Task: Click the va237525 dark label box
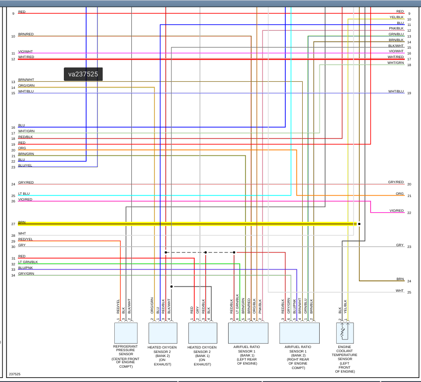(x=83, y=74)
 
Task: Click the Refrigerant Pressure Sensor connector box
(x=126, y=332)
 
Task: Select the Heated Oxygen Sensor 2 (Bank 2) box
(x=163, y=332)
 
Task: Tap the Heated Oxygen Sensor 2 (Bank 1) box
(x=203, y=332)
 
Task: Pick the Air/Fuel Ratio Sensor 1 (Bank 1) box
(x=248, y=332)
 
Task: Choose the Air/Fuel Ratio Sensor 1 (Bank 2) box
(x=299, y=332)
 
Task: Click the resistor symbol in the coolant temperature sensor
(x=343, y=332)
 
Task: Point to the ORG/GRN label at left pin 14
(x=26, y=85)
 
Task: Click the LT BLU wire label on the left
(x=24, y=193)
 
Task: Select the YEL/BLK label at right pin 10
(x=396, y=17)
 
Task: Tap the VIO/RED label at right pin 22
(x=396, y=210)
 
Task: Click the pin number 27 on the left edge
(x=13, y=224)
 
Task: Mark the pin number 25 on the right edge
(x=409, y=292)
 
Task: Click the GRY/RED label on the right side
(x=396, y=182)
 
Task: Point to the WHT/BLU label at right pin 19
(x=396, y=91)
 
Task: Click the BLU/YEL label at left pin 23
(x=25, y=165)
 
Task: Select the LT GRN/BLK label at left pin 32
(x=28, y=262)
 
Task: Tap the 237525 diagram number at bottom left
(x=15, y=374)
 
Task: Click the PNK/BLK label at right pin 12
(x=396, y=28)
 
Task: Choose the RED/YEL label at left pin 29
(x=25, y=239)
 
